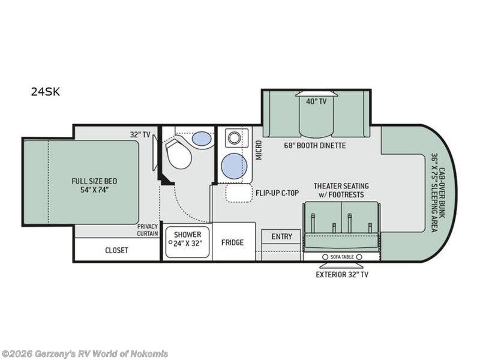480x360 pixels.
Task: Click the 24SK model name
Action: point(46,92)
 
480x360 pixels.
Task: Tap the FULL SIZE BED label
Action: point(94,181)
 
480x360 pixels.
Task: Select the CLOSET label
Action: point(116,250)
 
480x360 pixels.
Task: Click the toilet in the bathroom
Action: point(178,154)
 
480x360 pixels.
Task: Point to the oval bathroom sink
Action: point(202,139)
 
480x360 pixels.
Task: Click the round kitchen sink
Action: point(234,166)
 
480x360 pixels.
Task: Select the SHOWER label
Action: point(188,235)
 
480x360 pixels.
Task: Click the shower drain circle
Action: point(170,242)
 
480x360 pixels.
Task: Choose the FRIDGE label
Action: point(233,242)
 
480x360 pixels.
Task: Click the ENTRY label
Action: point(281,236)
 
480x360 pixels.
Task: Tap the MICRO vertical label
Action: point(259,150)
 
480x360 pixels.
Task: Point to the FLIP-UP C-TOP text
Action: point(277,193)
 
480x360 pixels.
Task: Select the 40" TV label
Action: point(317,101)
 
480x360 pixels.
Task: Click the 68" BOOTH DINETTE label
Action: point(314,145)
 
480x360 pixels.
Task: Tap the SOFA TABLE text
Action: point(342,257)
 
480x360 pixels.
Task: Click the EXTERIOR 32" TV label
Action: point(342,275)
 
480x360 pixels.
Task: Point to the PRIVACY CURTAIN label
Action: point(148,230)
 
